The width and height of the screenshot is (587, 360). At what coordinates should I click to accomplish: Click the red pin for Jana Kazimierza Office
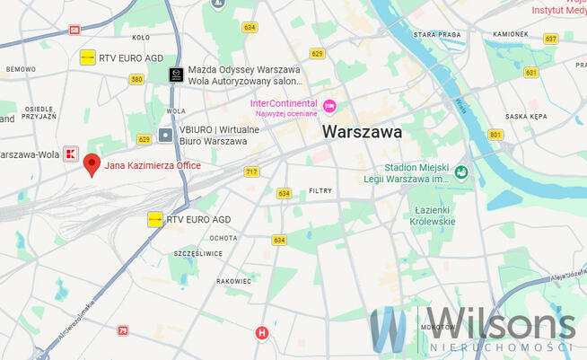point(92,163)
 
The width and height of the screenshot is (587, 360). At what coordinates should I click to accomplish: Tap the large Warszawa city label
point(362,131)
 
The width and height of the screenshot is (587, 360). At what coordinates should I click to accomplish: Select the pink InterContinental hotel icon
point(329,107)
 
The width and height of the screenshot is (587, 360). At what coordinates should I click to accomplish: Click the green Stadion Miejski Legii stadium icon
point(460,172)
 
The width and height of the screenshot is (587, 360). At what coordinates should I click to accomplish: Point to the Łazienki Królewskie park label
point(433,215)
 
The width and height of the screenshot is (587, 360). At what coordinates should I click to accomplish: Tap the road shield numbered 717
point(250,171)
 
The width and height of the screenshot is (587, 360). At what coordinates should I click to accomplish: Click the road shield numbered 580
point(136,79)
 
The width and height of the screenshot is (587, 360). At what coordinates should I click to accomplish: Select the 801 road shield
point(495,135)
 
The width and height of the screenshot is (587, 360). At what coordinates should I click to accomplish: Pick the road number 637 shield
point(550,39)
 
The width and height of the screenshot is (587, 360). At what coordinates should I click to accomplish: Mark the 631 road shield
point(531,72)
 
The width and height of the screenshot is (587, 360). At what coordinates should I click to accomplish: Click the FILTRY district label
point(320,190)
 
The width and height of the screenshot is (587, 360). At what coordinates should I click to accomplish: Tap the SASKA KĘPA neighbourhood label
point(526,117)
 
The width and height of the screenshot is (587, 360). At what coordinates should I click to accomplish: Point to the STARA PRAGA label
point(436,34)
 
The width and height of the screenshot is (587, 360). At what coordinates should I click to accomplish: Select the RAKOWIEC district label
point(234,281)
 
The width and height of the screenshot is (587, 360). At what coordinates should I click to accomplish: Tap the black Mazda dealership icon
point(176,75)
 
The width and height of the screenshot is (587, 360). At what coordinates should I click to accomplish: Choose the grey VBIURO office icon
point(165,135)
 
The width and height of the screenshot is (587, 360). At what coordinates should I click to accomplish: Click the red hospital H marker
point(262,332)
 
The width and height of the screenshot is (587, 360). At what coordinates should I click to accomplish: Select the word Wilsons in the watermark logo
point(494,323)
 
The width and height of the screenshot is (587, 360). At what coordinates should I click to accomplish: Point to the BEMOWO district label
point(21,69)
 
